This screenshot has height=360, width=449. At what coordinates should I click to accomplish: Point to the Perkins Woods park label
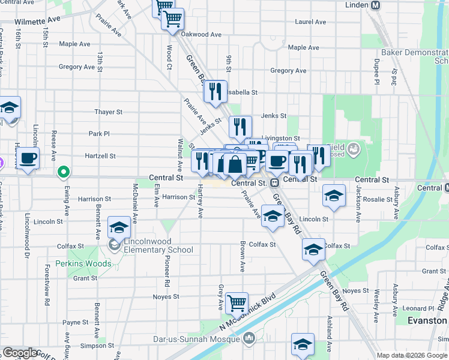click(x=83, y=264)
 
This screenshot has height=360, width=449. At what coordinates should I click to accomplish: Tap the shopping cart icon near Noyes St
click(x=237, y=302)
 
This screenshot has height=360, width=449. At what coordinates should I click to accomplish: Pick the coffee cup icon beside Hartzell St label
click(x=28, y=159)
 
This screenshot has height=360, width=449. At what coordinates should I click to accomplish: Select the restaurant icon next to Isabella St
click(x=215, y=91)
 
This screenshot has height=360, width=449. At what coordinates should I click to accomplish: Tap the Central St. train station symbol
click(x=274, y=183)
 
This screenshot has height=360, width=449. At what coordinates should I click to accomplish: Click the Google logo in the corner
click(x=21, y=353)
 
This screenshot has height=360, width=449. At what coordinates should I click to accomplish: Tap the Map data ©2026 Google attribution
click(x=412, y=355)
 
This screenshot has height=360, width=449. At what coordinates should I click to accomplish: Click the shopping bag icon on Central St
click(x=236, y=163)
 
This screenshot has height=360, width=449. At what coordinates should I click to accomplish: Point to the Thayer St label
click(x=108, y=112)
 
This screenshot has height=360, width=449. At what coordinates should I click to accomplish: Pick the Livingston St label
click(x=280, y=138)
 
